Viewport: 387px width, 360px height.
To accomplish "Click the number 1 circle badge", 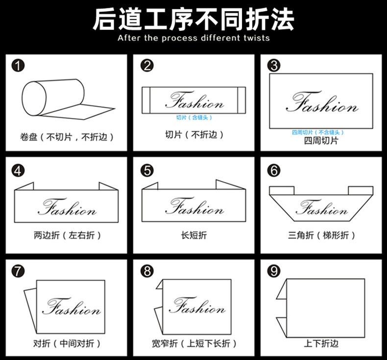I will [x=18, y=66].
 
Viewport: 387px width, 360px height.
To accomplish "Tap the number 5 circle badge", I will [x=146, y=170].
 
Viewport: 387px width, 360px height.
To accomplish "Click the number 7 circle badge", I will [x=18, y=270].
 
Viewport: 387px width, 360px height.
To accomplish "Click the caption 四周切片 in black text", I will [x=321, y=141].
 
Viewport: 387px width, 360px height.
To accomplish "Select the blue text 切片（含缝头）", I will [x=194, y=118].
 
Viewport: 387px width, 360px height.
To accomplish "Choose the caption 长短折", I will [x=194, y=235].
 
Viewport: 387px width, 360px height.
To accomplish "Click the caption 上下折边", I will [x=320, y=343].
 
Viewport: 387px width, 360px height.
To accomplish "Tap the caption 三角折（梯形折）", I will [x=321, y=235].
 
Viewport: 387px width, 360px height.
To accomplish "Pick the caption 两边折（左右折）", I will [x=68, y=235].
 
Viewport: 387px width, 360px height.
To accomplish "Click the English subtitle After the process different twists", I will [x=193, y=38].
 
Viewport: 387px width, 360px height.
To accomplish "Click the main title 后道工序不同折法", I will [x=193, y=19].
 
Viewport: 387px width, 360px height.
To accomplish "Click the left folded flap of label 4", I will [x=25, y=186].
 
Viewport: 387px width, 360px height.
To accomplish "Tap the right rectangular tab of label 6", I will [x=361, y=190].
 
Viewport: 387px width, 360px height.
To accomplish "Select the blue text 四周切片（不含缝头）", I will [x=318, y=132].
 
